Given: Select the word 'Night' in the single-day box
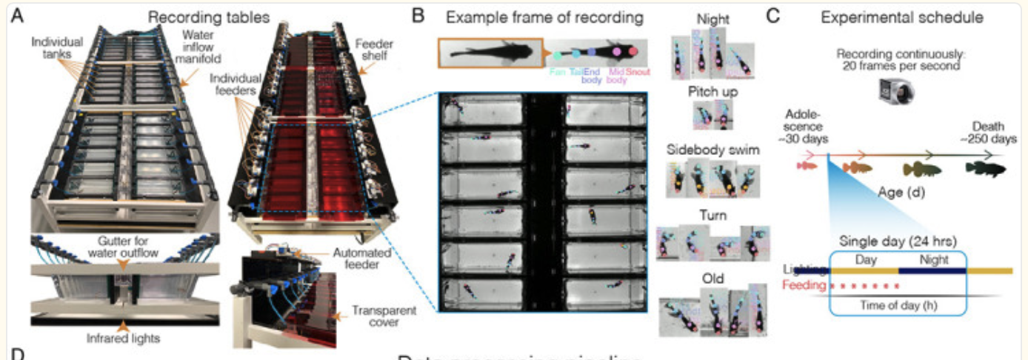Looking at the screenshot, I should [932, 260].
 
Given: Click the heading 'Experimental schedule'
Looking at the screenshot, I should [896, 16].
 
